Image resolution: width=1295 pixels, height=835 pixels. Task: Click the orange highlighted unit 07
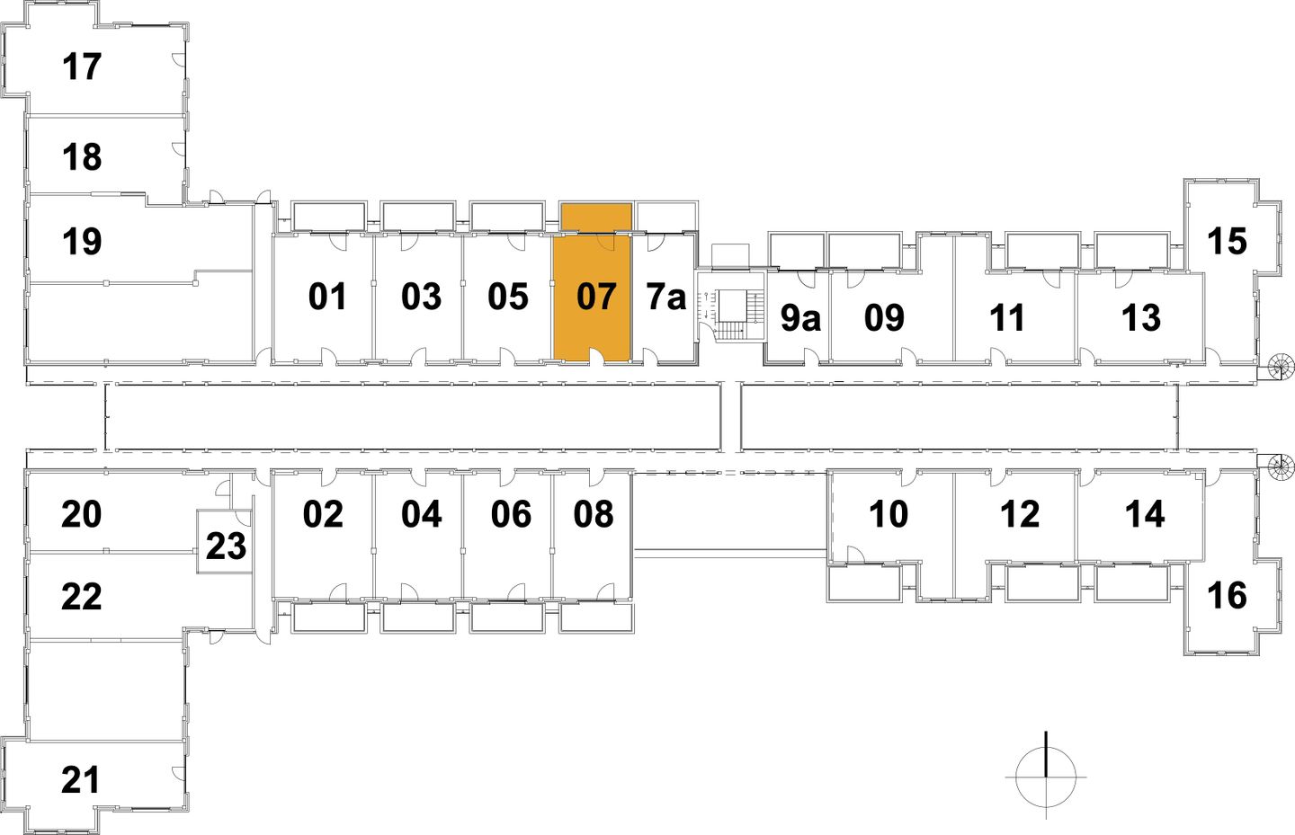click(592, 297)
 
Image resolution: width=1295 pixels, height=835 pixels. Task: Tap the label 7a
click(666, 297)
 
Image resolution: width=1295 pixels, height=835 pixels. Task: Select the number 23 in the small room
click(226, 546)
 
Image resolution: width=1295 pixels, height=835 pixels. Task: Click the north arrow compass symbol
click(1046, 776)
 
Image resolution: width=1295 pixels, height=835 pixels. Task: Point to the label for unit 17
click(82, 67)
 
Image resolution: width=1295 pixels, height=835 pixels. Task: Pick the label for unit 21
click(81, 779)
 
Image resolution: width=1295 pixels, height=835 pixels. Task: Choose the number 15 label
click(1227, 241)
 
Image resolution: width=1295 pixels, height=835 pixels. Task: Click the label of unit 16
click(1227, 595)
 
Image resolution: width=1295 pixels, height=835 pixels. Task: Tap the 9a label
click(799, 317)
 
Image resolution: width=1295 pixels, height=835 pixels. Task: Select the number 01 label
click(327, 297)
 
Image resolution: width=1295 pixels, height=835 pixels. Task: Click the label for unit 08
click(594, 514)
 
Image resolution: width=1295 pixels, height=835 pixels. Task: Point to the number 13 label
click(1141, 317)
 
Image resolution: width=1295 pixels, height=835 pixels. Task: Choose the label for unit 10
click(889, 514)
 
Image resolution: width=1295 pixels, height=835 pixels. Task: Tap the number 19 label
click(82, 241)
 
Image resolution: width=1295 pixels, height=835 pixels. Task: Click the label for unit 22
click(81, 596)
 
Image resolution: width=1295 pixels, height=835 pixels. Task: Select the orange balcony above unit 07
click(595, 217)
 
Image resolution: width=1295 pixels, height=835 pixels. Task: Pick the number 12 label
click(1020, 514)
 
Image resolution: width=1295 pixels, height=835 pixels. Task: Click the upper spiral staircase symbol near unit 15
click(1281, 366)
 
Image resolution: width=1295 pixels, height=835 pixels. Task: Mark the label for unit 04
click(422, 514)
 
